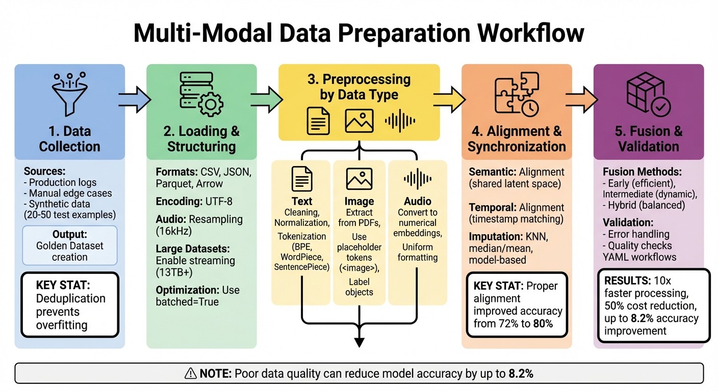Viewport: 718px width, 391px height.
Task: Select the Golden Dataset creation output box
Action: tap(70, 245)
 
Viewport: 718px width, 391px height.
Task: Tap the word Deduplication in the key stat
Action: tap(70, 299)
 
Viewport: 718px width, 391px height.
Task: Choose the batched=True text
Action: tap(187, 302)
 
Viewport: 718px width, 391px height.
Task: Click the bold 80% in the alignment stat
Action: tap(542, 323)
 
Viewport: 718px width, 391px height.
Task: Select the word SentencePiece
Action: tap(302, 267)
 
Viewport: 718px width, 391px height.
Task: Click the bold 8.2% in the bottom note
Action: tap(521, 373)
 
